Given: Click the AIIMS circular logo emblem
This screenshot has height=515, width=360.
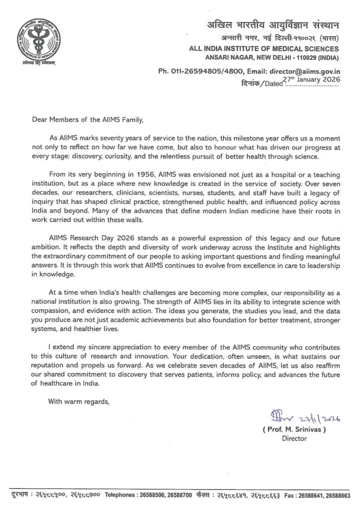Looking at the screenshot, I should point(37,39).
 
